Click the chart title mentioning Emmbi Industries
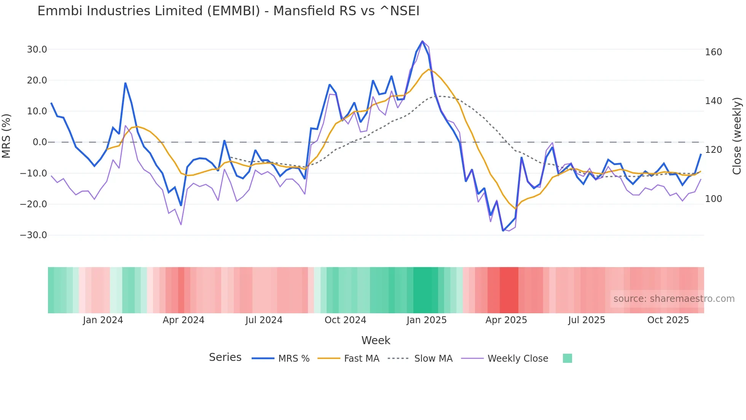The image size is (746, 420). (228, 11)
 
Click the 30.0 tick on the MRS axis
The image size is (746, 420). (37, 50)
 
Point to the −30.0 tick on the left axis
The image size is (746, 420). (33, 235)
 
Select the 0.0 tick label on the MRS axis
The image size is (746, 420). (40, 142)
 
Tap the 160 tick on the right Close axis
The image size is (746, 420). (713, 52)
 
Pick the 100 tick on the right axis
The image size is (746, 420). (713, 199)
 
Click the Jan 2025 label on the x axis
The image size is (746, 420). (426, 320)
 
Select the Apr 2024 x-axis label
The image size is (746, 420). (183, 320)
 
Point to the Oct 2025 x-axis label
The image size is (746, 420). (668, 320)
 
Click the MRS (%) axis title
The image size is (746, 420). (6, 136)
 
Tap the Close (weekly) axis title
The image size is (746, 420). (737, 136)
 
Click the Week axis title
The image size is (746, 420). (376, 340)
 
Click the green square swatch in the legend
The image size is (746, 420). (567, 358)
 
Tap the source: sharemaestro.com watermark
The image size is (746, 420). (674, 299)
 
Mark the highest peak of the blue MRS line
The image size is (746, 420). (422, 41)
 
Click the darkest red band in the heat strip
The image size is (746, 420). (509, 290)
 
